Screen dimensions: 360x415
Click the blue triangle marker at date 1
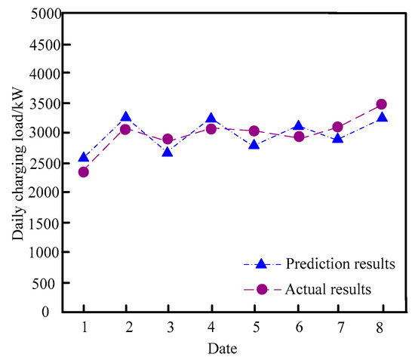(84, 157)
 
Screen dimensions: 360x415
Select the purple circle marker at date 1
(84, 172)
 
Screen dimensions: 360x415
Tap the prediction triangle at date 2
(126, 118)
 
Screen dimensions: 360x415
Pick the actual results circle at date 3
(168, 140)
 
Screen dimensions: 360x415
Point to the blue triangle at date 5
(254, 143)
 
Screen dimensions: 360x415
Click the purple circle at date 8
(382, 104)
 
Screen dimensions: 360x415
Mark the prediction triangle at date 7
(339, 138)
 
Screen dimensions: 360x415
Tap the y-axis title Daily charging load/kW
(17, 162)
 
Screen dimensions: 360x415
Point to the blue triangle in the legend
(262, 264)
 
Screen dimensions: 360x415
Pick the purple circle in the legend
(262, 289)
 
